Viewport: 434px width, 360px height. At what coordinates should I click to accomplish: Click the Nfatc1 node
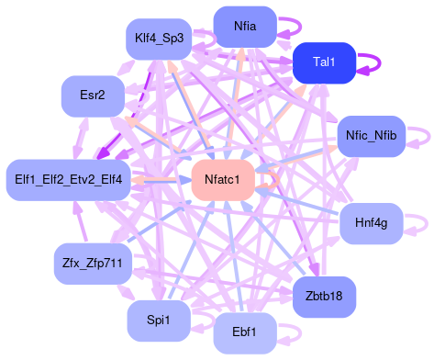click(222, 179)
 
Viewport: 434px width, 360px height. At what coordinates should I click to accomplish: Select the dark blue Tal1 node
click(324, 62)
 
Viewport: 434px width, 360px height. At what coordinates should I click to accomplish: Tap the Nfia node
click(245, 27)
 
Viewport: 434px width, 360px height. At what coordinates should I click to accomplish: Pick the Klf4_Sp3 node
click(158, 39)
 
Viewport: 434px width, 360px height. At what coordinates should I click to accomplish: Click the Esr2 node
click(93, 95)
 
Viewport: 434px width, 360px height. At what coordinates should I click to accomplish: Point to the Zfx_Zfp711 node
click(93, 264)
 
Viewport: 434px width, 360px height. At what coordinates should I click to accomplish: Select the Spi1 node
click(158, 319)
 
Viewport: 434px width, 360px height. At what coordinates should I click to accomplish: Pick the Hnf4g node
click(371, 223)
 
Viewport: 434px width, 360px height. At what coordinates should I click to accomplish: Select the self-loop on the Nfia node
click(293, 27)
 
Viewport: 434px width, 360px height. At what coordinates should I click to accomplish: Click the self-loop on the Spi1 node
click(204, 319)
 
